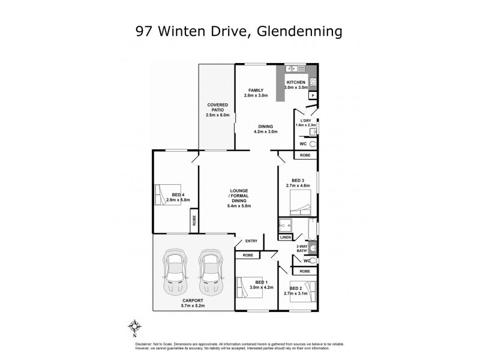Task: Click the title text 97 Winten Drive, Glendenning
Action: (239, 29)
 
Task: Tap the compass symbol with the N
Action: (136, 327)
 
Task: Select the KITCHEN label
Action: (296, 82)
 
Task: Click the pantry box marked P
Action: (312, 95)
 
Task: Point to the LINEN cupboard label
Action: (286, 238)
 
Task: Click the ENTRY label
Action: (251, 241)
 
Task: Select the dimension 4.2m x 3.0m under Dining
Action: (266, 131)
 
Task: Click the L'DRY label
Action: (304, 120)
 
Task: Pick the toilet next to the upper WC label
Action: (312, 145)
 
